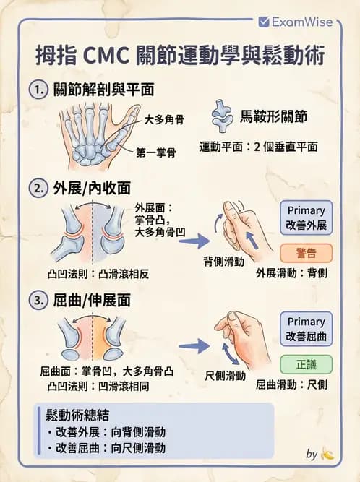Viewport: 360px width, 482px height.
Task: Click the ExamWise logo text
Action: pos(301,22)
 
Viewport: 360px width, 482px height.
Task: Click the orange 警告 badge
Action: pos(304,252)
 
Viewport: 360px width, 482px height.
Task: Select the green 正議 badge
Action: pos(304,363)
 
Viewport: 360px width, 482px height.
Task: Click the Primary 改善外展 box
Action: pos(305,218)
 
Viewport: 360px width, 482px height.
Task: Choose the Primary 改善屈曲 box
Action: pos(305,329)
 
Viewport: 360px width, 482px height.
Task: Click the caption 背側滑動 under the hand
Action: pos(223,261)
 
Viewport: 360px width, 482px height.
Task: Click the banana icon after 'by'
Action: pos(327,455)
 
